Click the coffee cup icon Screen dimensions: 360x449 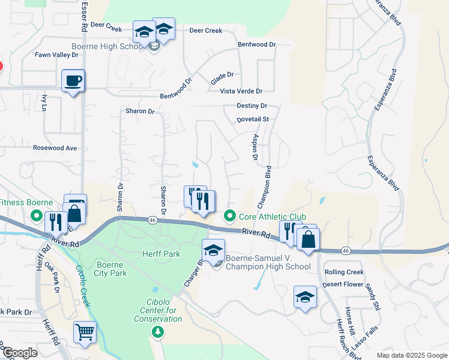click(x=73, y=80)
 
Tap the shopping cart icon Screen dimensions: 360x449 click(x=85, y=331)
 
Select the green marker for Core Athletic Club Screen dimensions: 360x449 click(x=229, y=216)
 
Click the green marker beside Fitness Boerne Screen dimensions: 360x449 click(x=36, y=215)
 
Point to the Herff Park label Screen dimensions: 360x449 click(x=161, y=254)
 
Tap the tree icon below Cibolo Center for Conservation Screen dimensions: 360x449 click(x=158, y=331)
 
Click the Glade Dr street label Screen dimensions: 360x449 click(x=221, y=79)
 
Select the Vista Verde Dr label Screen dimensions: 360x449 click(x=241, y=91)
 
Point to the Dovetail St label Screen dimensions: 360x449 click(x=253, y=119)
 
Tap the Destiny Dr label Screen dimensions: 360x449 click(x=252, y=106)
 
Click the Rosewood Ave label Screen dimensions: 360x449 click(x=55, y=148)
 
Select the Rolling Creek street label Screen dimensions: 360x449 click(x=344, y=272)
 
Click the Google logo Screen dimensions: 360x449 click(x=20, y=353)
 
